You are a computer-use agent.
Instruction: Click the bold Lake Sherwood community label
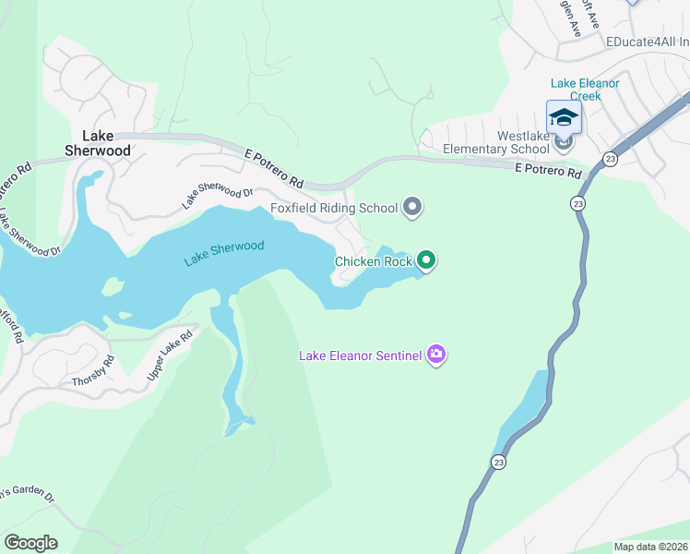[97, 142]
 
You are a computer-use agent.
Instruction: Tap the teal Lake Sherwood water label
[224, 253]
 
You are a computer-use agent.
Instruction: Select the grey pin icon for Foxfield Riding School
[412, 208]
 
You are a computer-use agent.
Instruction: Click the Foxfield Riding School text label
[333, 208]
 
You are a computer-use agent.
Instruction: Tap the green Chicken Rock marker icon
[425, 261]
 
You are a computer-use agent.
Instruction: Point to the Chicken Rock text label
[372, 261]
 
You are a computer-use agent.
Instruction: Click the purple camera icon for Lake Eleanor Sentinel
[436, 355]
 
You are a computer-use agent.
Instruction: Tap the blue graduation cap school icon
[564, 117]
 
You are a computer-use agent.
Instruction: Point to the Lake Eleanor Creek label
[586, 90]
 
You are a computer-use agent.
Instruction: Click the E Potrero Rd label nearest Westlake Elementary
[548, 171]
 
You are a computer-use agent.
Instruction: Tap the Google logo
[30, 543]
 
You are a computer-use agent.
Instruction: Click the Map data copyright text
[650, 547]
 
